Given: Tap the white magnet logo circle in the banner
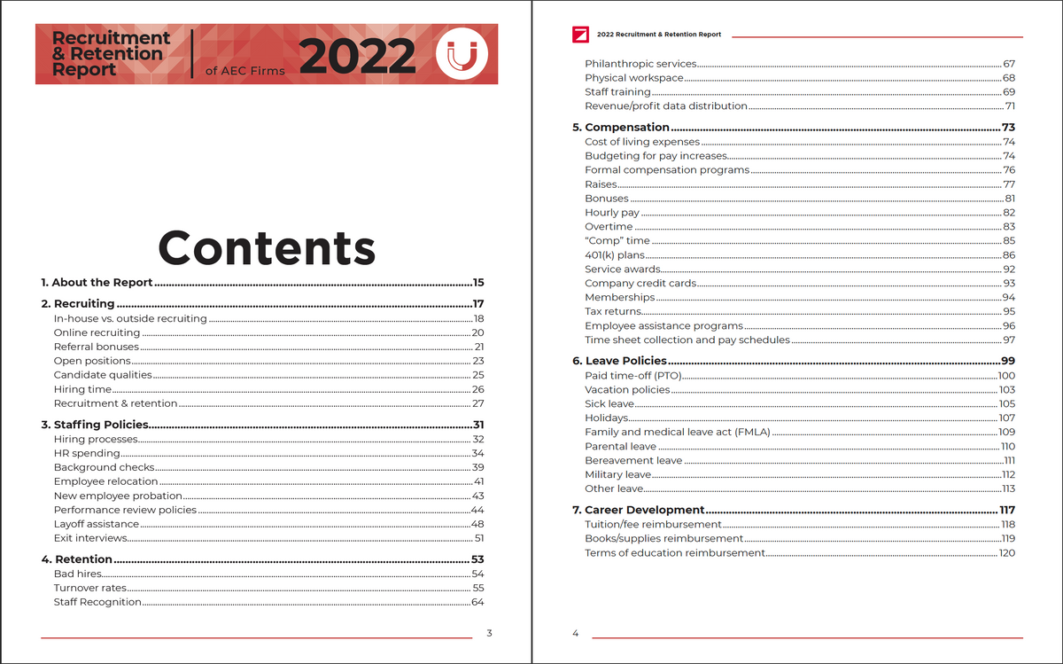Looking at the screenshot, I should tap(462, 55).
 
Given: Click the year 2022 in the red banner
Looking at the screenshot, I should tap(358, 57).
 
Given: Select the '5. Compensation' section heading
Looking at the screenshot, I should tap(627, 128).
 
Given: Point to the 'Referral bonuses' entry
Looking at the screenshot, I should tap(97, 347).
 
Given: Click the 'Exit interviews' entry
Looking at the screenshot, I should tap(91, 538).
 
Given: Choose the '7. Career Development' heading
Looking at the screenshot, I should tap(644, 510).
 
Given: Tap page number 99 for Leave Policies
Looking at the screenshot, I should tap(1007, 361).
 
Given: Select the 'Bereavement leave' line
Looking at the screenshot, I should tap(633, 460).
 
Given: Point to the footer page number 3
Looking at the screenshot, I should tap(489, 633).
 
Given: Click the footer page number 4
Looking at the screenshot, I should tap(575, 633).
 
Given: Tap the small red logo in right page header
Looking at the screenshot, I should tap(581, 35).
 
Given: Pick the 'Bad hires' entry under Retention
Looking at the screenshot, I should tap(78, 574).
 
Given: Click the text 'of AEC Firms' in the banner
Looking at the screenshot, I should tap(244, 72).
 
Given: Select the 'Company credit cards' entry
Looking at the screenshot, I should tap(640, 284).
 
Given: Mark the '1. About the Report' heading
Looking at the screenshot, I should tap(97, 283).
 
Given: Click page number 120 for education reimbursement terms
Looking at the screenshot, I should tap(1006, 553).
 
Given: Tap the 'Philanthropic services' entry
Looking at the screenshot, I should tap(640, 64).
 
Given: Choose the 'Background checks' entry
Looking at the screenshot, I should tap(104, 467).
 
